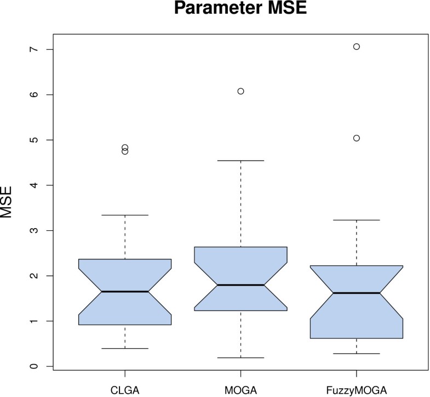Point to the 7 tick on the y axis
(x=34, y=49)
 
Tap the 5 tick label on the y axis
(x=34, y=140)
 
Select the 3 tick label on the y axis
(x=34, y=230)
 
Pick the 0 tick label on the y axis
(x=34, y=366)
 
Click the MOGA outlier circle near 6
(x=240, y=91)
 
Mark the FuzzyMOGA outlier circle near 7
(x=357, y=47)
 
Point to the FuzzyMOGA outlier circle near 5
(x=357, y=138)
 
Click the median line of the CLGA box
(x=125, y=292)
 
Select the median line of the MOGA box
(x=240, y=285)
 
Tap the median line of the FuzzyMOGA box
(x=357, y=293)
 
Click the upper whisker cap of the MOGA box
(x=240, y=161)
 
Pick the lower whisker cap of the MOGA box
(x=240, y=358)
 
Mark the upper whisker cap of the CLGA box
(x=125, y=215)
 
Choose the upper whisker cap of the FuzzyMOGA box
(x=357, y=220)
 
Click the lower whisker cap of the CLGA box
(x=125, y=348)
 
